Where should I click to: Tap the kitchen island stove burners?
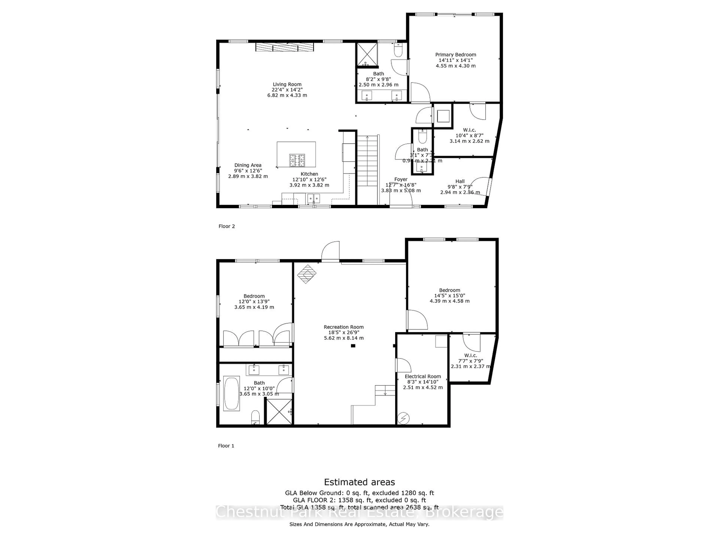tap(297, 160)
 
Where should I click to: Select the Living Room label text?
tap(287, 84)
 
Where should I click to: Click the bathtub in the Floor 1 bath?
tap(231, 393)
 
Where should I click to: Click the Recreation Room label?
tap(344, 327)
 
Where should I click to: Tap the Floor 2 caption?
tap(227, 226)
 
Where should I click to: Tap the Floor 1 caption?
tap(226, 446)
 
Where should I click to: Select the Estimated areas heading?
tap(359, 482)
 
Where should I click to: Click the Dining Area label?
tap(248, 165)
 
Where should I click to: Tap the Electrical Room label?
tap(423, 376)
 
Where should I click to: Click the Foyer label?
tap(401, 179)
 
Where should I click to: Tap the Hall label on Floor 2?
tap(460, 181)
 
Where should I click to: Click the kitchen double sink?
tap(313, 198)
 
